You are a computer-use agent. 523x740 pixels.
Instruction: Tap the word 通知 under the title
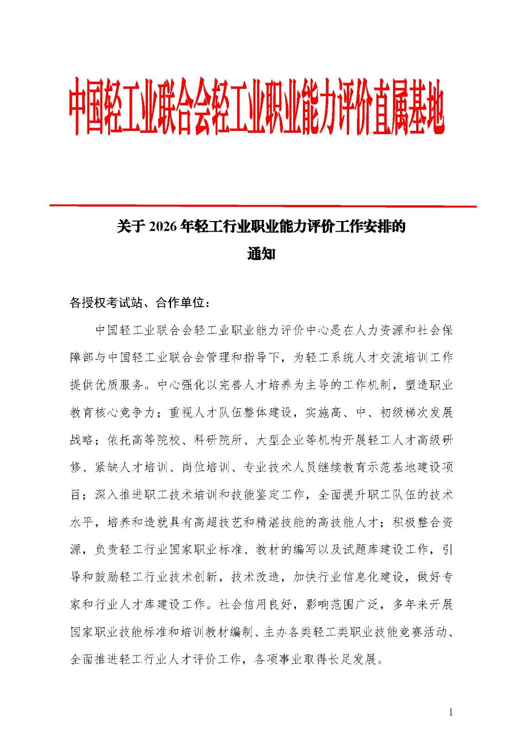tap(261, 254)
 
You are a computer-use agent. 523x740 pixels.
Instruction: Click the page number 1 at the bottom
tap(451, 712)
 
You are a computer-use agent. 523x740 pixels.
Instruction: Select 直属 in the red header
tap(390, 113)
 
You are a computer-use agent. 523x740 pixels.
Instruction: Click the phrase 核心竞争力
tap(125, 413)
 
